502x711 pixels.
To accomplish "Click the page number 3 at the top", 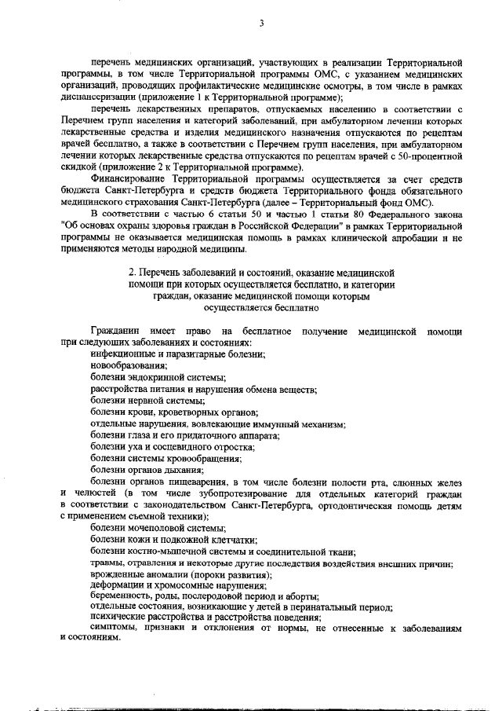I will (x=261, y=24).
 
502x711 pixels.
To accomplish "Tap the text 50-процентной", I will (x=431, y=158).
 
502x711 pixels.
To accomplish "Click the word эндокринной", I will (x=156, y=378).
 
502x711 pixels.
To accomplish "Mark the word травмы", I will (x=107, y=563).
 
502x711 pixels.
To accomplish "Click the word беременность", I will (x=123, y=597).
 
